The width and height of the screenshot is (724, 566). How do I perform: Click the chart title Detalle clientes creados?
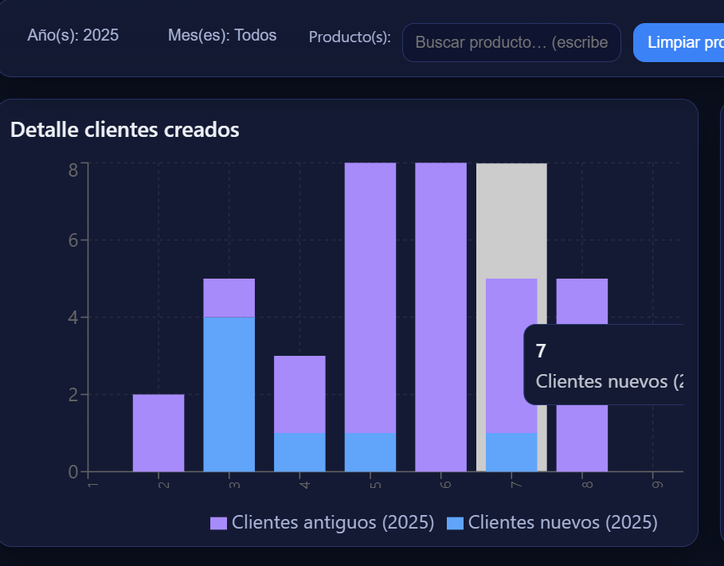125,130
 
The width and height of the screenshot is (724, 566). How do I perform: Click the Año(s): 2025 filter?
72,35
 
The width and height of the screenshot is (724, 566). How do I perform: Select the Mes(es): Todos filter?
222,35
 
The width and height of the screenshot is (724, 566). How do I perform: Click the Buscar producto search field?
511,42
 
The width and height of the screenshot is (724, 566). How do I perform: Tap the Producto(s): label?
350,37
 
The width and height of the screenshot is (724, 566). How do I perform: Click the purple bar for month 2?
158,432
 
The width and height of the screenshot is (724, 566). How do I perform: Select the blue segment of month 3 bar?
229,394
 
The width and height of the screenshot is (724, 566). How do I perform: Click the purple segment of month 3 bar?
229,298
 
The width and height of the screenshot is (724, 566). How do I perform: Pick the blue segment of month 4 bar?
299,451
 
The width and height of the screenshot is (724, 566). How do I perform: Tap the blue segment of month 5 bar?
370,451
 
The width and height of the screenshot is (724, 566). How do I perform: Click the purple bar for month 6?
440,317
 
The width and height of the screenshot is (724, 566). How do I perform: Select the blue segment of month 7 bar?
511,451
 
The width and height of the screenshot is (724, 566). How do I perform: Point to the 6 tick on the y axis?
72,240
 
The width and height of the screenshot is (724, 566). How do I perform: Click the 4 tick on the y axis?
72,318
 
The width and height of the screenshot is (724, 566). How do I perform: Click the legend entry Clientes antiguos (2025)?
323,522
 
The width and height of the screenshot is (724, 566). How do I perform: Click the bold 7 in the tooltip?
541,351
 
